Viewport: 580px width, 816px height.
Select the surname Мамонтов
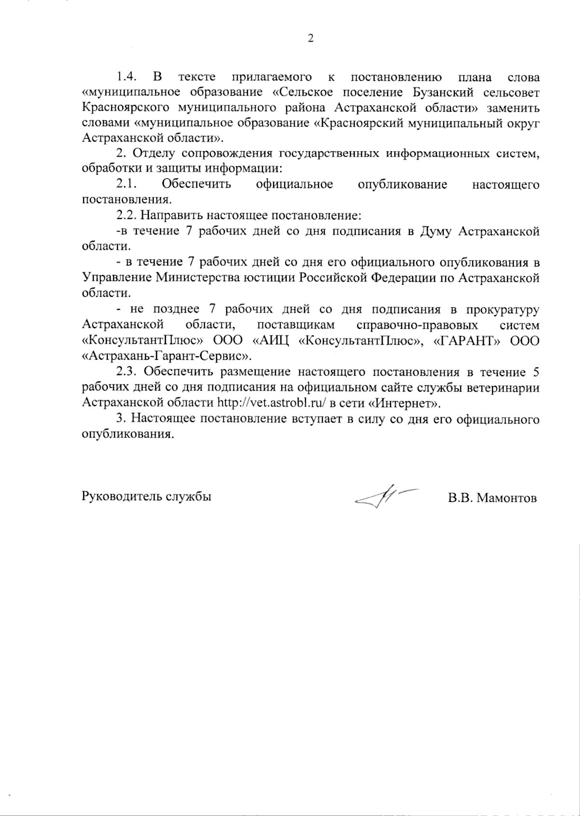pos(507,498)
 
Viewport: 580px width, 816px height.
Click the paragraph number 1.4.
pos(128,77)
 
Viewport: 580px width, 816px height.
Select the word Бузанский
pos(442,92)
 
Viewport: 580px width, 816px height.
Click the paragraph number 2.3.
pos(128,372)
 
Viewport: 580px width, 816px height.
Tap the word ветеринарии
pos(501,387)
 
